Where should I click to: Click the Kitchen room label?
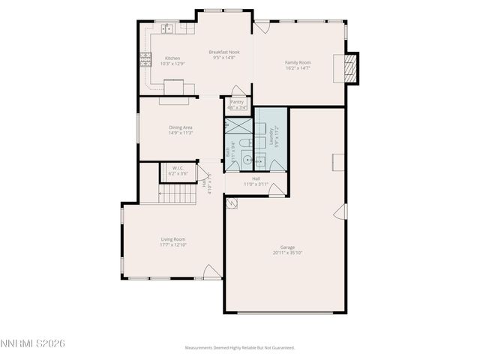[x=172, y=58]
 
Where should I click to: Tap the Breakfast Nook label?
[x=223, y=52]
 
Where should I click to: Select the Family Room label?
[x=297, y=62]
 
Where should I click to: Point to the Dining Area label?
[x=180, y=127]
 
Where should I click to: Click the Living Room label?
[x=172, y=239]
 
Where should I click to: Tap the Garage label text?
[x=287, y=247]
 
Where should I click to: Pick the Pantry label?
[x=237, y=102]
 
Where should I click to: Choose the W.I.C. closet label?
[x=178, y=168]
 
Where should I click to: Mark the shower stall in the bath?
[x=238, y=124]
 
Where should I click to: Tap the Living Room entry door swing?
[x=212, y=272]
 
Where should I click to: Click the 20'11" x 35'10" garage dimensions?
[x=287, y=253]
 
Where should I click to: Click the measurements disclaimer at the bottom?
[x=240, y=347]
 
